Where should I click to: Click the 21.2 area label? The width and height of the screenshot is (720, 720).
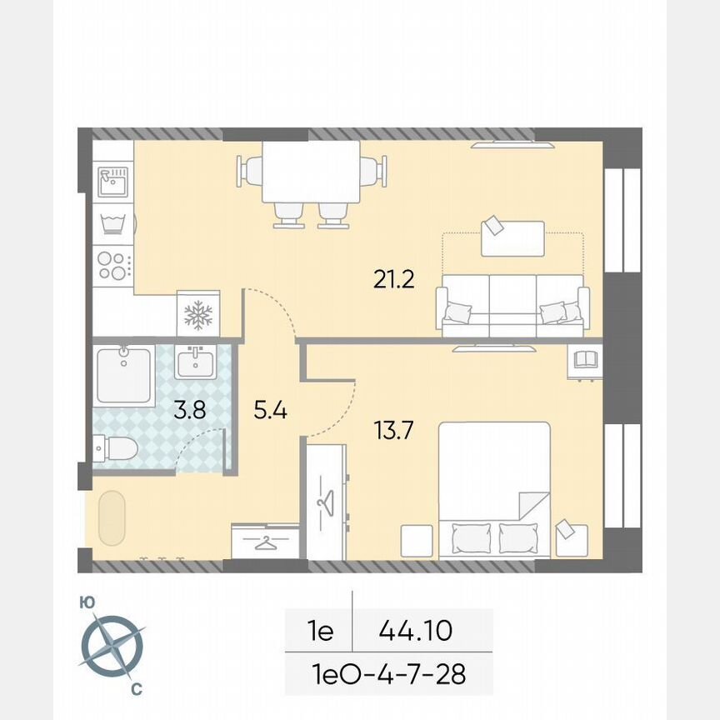[x=393, y=279]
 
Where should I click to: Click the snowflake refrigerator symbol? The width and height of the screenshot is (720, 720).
[x=198, y=314]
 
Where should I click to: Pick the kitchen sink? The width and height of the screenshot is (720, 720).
[x=112, y=181]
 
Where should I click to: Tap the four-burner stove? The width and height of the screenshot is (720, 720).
[x=112, y=264]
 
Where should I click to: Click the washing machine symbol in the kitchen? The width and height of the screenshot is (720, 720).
[x=112, y=222]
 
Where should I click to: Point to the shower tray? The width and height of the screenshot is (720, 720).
[x=123, y=377]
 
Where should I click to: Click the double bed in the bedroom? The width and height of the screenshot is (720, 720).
[x=494, y=489]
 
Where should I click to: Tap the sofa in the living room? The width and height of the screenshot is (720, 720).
[x=512, y=306]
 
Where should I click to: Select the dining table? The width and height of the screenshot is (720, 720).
[x=311, y=172]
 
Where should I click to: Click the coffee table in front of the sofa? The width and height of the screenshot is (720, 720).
[x=512, y=237]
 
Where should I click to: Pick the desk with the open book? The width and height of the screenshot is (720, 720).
[x=585, y=360]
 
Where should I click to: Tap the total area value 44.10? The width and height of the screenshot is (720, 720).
[x=415, y=630]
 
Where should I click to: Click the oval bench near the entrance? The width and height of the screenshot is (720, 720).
[x=111, y=519]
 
